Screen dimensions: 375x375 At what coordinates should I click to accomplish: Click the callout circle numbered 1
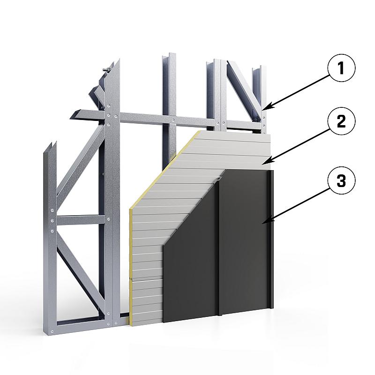[341, 68]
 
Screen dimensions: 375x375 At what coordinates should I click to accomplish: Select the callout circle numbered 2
[341, 121]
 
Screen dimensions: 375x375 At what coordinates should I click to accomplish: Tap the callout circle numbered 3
[341, 181]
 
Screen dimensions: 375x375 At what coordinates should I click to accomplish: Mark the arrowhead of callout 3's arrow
[266, 222]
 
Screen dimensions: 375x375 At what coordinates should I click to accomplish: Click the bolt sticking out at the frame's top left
[106, 70]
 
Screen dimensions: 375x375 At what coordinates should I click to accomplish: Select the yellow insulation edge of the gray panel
[153, 191]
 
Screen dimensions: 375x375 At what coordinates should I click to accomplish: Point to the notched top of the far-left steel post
[51, 148]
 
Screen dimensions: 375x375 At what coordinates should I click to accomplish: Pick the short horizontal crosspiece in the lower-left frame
[81, 220]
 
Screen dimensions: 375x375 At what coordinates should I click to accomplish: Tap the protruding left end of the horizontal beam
[76, 114]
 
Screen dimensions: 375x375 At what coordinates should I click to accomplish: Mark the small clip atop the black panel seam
[218, 179]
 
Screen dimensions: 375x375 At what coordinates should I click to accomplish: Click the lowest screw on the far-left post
[52, 331]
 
